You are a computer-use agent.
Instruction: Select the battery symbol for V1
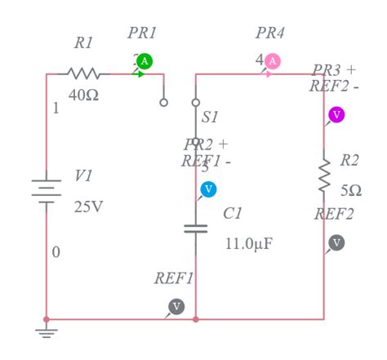tap(47, 190)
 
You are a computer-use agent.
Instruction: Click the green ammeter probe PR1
tap(145, 61)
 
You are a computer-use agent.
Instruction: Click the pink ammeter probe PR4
tap(273, 61)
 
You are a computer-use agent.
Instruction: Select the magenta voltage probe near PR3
tap(336, 114)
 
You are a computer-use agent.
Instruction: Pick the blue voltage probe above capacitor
tap(208, 189)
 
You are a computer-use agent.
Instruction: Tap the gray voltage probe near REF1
tap(176, 306)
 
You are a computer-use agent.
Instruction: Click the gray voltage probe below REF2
tap(336, 242)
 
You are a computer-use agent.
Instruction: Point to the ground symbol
tap(47, 331)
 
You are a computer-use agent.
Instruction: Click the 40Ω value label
tap(83, 96)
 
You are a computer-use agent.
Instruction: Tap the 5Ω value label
tap(351, 189)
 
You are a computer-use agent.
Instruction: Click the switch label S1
tap(210, 118)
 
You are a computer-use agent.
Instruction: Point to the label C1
tap(233, 214)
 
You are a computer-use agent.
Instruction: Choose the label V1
tap(83, 176)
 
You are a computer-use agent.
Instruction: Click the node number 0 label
tap(56, 252)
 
